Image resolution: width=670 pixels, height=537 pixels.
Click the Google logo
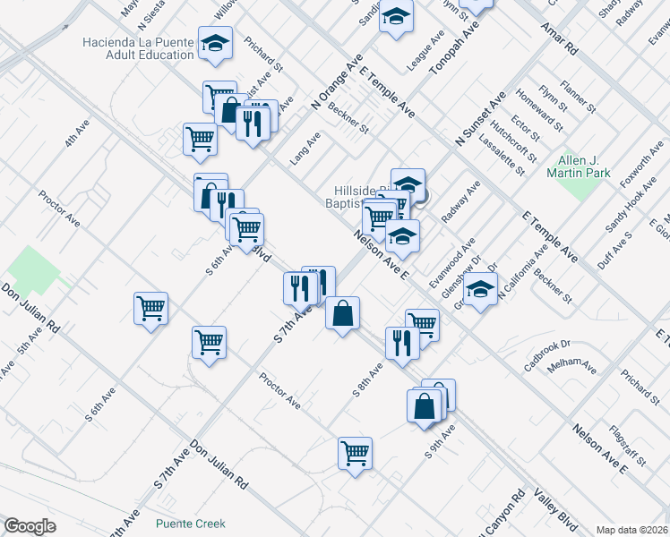coord(30,526)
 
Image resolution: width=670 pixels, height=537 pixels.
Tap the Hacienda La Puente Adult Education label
coord(138,48)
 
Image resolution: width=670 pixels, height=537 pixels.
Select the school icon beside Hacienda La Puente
coord(215,44)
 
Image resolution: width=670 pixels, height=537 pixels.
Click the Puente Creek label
coord(190,524)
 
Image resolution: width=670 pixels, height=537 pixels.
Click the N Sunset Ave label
coord(480,118)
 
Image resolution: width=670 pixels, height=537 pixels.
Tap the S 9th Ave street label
coord(441,441)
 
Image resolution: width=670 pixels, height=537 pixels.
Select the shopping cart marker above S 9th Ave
coord(356,453)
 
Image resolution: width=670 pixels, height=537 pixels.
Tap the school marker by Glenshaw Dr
coord(480,288)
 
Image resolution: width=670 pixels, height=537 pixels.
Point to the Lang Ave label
coord(305,149)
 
